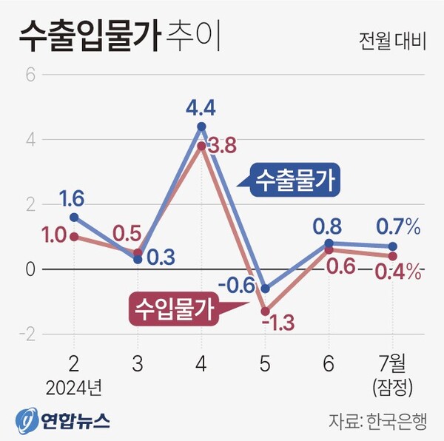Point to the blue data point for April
tap(201, 127)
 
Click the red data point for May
tap(265, 312)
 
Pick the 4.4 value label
tap(201, 108)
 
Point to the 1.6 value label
tap(73, 198)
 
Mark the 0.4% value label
tap(398, 272)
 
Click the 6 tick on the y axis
tap(30, 75)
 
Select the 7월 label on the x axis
tap(392, 365)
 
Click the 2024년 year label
tap(73, 387)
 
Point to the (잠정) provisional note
tap(392, 387)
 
